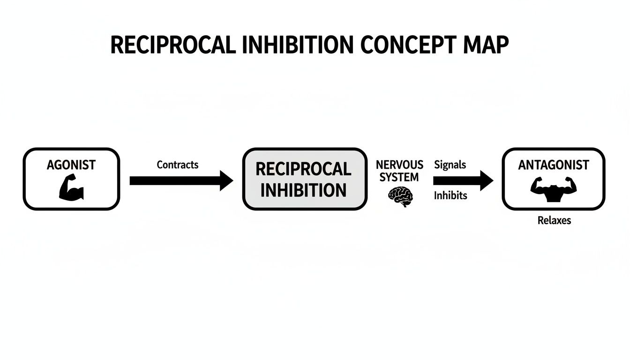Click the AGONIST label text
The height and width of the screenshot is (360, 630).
pyautogui.click(x=71, y=165)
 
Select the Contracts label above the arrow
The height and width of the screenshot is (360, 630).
pyautogui.click(x=177, y=165)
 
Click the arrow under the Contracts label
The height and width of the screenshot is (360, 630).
pyautogui.click(x=178, y=180)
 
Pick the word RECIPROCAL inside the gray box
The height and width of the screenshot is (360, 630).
pyautogui.click(x=303, y=169)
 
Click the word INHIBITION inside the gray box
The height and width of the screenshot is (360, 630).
pyautogui.click(x=303, y=190)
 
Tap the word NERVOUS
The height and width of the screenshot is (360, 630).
pyautogui.click(x=399, y=165)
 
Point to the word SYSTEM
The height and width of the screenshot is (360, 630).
pyautogui.click(x=399, y=177)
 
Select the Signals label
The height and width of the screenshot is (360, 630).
pyautogui.click(x=450, y=165)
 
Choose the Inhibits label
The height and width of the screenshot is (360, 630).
pyautogui.click(x=450, y=196)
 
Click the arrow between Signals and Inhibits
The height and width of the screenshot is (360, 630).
pyautogui.click(x=462, y=180)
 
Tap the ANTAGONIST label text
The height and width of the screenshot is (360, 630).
pyautogui.click(x=554, y=165)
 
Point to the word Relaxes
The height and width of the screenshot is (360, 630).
pyautogui.click(x=554, y=220)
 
